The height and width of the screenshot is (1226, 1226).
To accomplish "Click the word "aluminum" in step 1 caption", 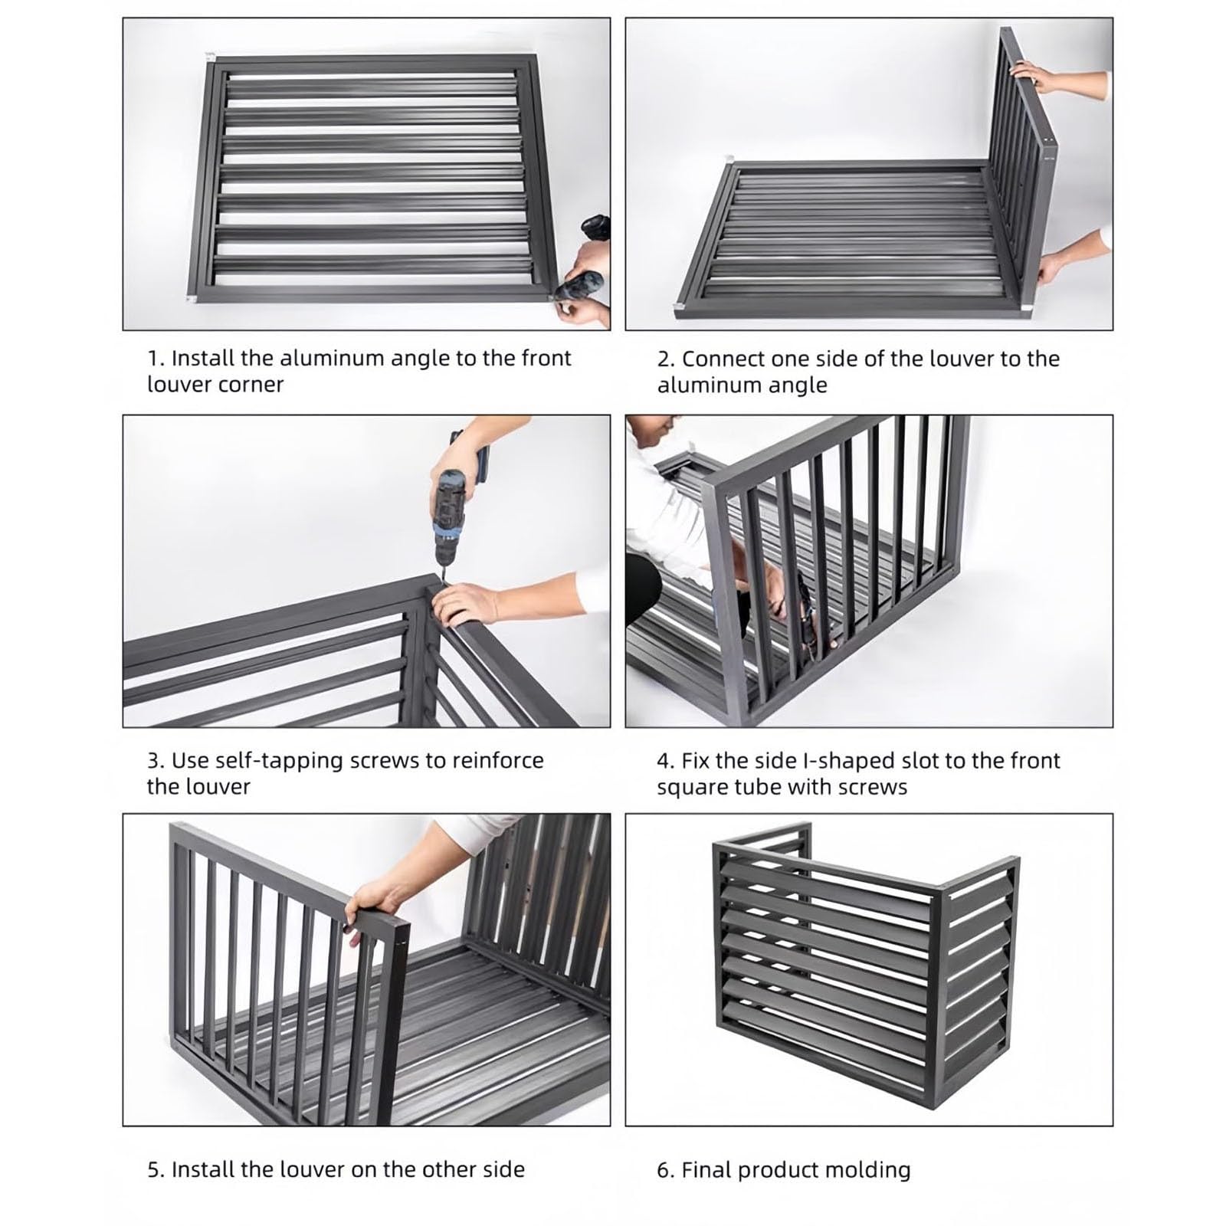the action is click(332, 359).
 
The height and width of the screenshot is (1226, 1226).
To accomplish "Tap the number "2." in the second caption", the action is click(666, 359).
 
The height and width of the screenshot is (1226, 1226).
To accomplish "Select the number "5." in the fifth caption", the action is click(156, 1170).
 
